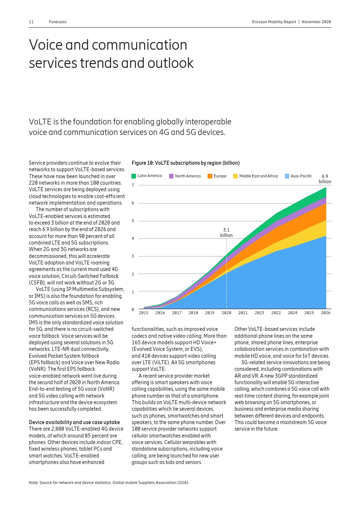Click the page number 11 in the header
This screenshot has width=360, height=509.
(x=31, y=22)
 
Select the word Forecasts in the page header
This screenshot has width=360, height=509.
(x=58, y=22)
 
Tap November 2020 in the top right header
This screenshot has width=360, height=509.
(x=316, y=22)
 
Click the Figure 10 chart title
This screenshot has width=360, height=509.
(x=185, y=163)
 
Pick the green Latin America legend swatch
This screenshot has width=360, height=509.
(x=134, y=176)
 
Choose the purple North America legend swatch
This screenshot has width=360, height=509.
(x=171, y=176)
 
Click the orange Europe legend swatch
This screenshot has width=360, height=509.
(x=210, y=176)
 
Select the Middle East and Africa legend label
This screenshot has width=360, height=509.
(x=258, y=176)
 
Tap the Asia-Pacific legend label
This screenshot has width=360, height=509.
(x=301, y=176)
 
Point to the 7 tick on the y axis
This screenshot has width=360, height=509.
(x=133, y=185)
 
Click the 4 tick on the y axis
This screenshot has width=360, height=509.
(x=133, y=238)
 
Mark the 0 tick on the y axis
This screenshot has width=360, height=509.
(x=133, y=309)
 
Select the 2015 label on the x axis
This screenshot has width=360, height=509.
(x=143, y=313)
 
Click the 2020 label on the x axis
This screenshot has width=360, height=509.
(x=226, y=313)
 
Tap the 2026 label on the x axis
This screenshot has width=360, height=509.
(x=326, y=313)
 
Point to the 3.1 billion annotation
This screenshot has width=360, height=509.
(x=226, y=233)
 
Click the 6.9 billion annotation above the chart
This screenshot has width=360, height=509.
(x=325, y=179)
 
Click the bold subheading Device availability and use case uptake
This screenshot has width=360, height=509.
(x=74, y=422)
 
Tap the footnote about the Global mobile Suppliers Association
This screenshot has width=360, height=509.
(x=109, y=483)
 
